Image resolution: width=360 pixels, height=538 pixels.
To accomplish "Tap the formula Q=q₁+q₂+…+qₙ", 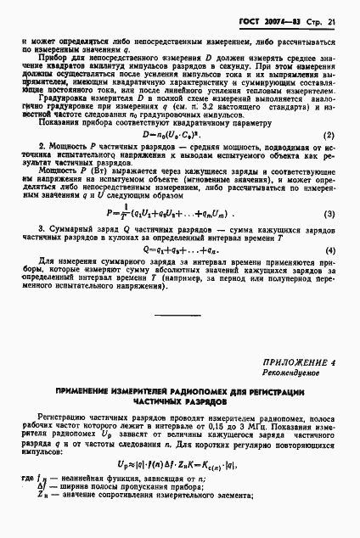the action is (x=178, y=299).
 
